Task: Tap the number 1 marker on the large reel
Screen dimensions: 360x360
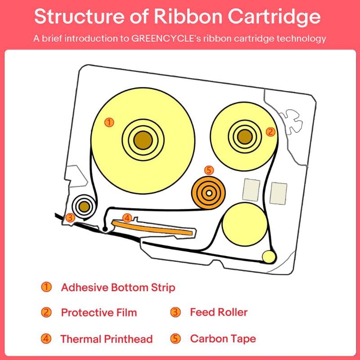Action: click(x=108, y=121)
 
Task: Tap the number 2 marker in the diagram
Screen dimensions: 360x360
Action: click(x=270, y=131)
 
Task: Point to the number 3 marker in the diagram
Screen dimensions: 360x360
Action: click(x=69, y=217)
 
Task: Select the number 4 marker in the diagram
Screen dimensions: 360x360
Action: click(x=127, y=218)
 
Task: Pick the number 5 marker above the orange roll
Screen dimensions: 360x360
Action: click(x=208, y=170)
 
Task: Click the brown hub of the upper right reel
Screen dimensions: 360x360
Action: click(x=243, y=134)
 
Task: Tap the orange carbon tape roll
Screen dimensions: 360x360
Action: click(x=208, y=193)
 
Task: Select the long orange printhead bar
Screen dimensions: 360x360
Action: click(x=157, y=228)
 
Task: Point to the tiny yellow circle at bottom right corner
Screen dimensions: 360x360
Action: click(x=269, y=256)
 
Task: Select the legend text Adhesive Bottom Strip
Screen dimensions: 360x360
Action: click(x=118, y=287)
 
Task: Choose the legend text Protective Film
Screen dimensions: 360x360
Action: click(x=99, y=312)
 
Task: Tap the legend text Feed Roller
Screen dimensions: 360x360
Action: click(x=219, y=312)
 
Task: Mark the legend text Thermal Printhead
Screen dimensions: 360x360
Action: click(x=107, y=339)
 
